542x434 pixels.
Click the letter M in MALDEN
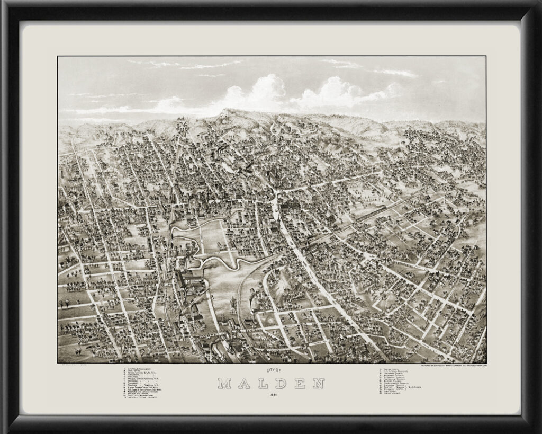coord(224,383)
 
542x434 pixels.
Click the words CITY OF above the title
coord(271,371)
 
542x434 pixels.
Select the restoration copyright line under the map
coord(453,366)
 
